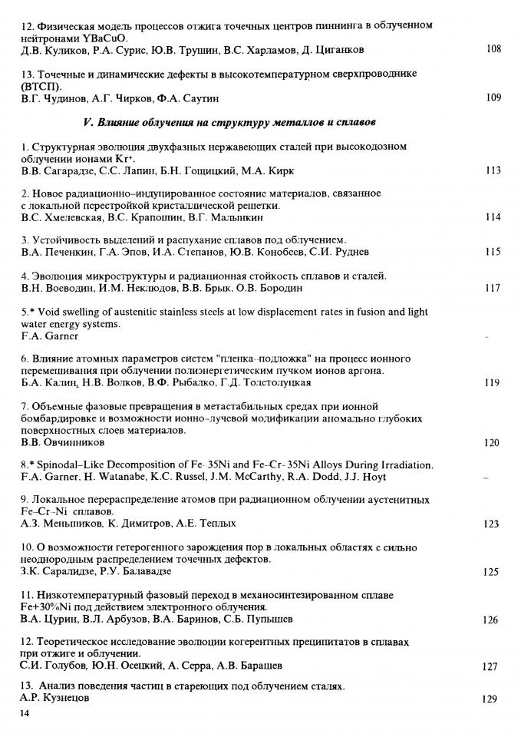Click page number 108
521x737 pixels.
pyautogui.click(x=493, y=50)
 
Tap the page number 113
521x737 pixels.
pyautogui.click(x=493, y=170)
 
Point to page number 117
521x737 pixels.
pyautogui.click(x=493, y=289)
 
